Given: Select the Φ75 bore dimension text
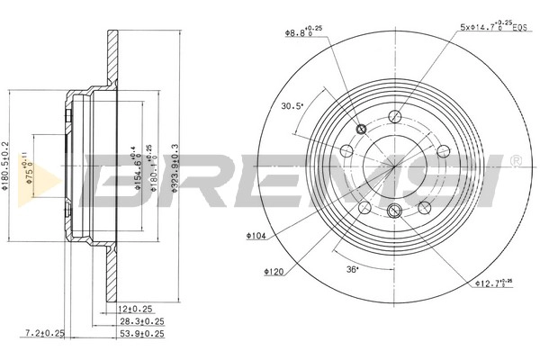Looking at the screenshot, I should [x=29, y=162].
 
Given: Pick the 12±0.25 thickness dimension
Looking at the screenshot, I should [x=134, y=309].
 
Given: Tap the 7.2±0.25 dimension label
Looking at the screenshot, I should [x=46, y=334].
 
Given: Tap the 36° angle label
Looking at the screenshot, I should [x=352, y=269].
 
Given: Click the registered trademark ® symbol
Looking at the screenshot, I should [x=514, y=162].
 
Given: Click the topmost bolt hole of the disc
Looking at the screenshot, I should [x=394, y=115].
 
